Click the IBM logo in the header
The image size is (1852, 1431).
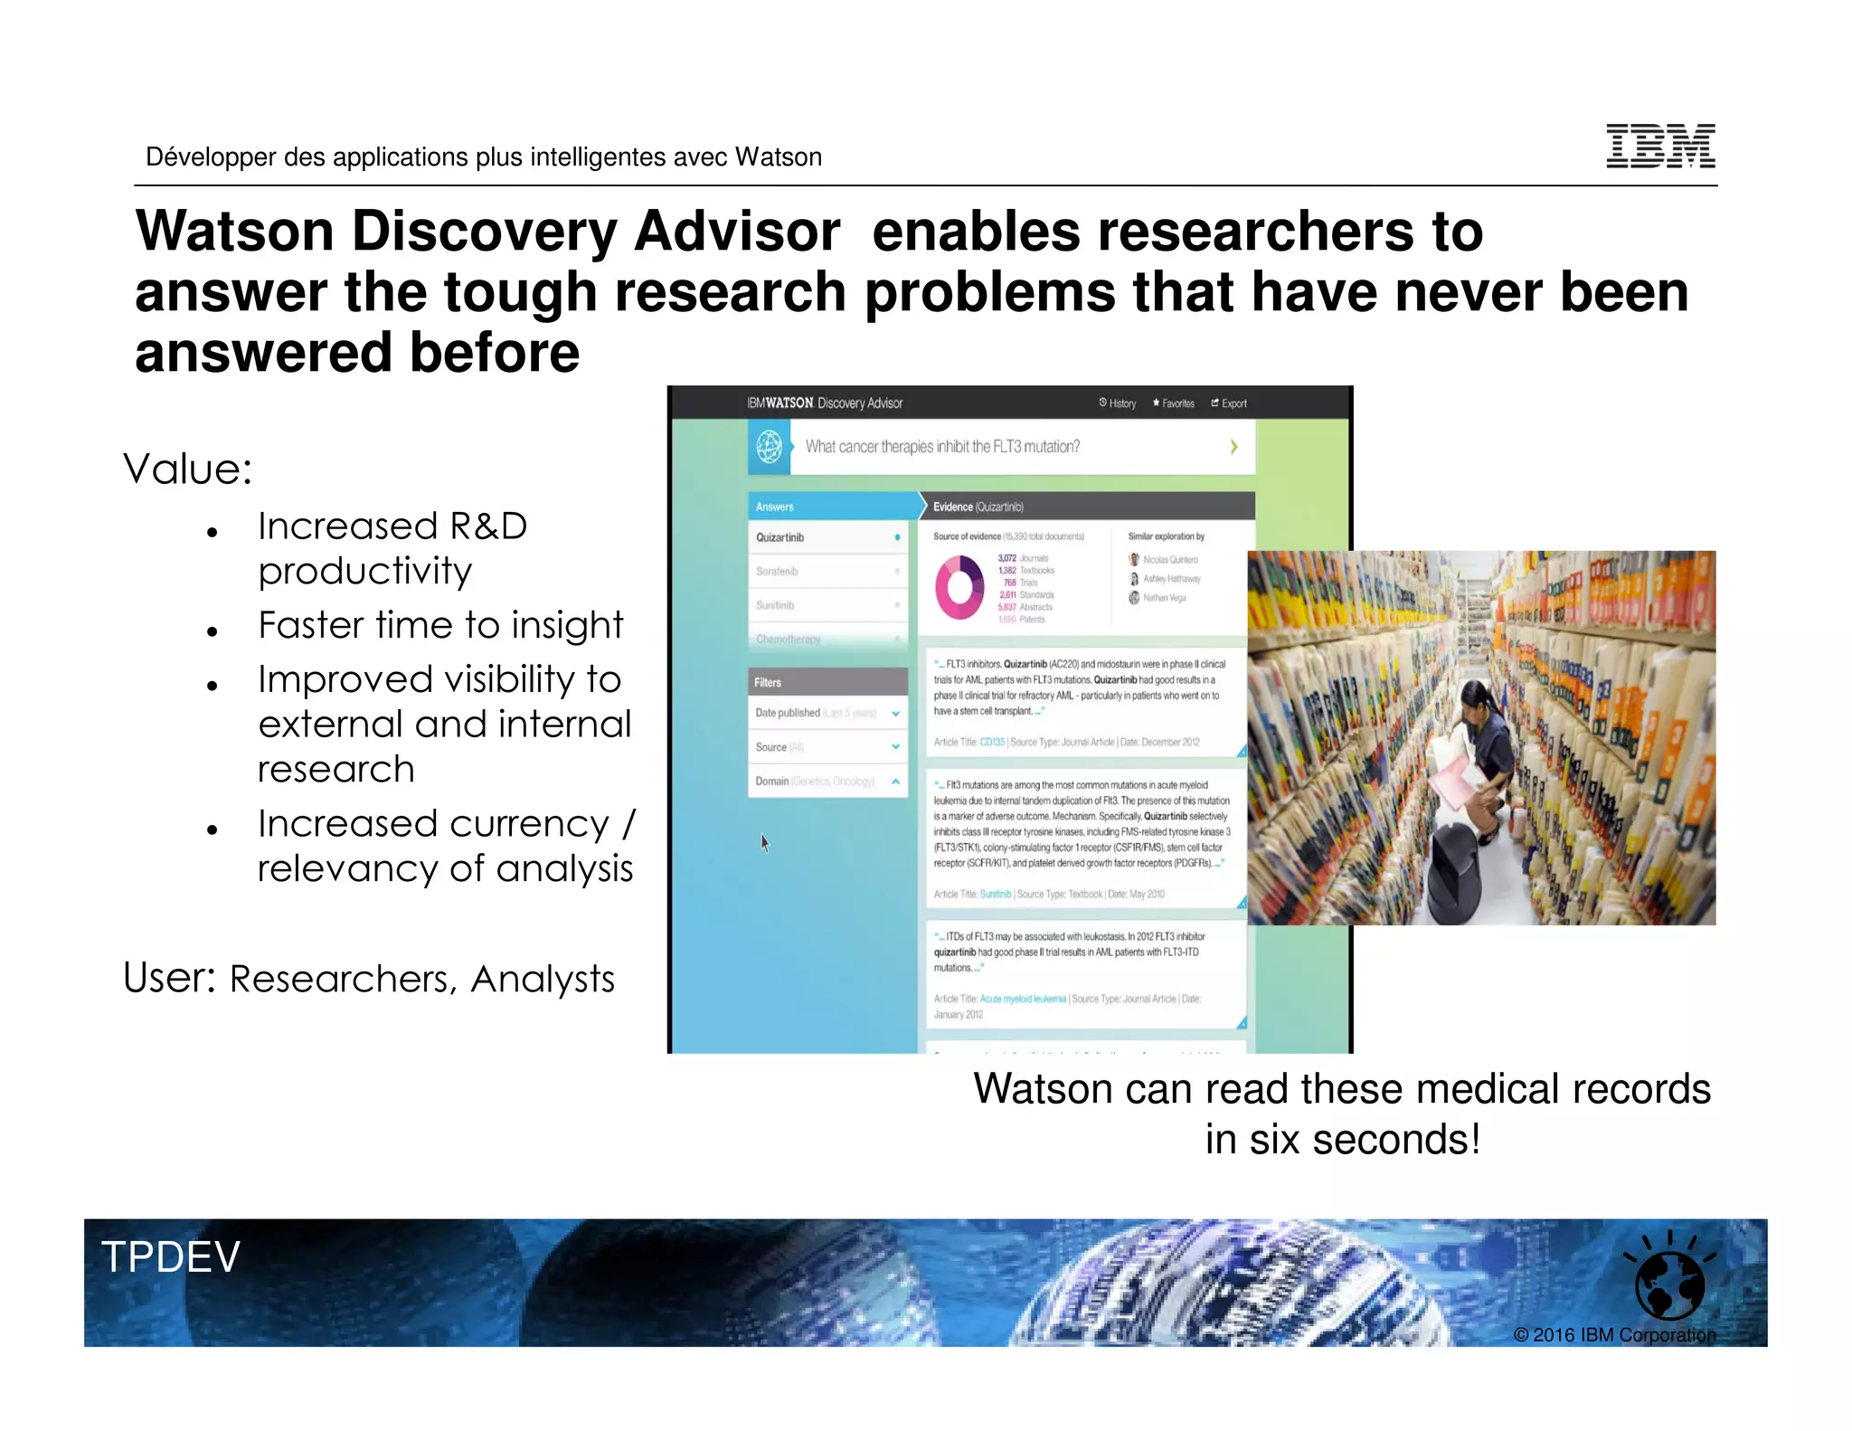tap(1660, 147)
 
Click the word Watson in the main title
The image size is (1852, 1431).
tap(235, 232)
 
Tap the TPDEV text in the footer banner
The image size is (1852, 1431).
tap(171, 1256)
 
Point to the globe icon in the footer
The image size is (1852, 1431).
tap(1669, 1285)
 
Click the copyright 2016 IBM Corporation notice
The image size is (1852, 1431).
tap(1614, 1335)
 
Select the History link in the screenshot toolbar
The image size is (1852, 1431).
tap(1118, 403)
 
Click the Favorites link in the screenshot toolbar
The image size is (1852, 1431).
tap(1174, 403)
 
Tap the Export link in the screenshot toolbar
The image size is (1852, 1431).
tap(1229, 403)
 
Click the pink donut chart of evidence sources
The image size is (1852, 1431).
tap(959, 588)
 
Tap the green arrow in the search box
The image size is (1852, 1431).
tap(1233, 447)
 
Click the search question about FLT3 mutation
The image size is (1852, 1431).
tap(942, 447)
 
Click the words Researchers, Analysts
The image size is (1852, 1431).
tap(421, 980)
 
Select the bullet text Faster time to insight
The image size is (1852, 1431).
tap(440, 625)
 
